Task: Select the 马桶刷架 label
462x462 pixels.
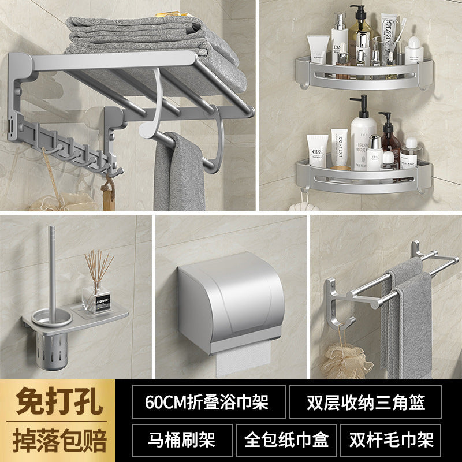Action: (181, 440)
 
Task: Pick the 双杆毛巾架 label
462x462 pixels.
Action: (390, 440)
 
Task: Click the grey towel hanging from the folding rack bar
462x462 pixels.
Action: (179, 173)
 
